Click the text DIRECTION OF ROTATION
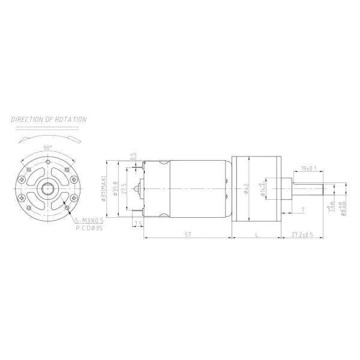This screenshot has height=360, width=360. pos(49,119)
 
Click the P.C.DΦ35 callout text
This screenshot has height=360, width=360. pos(89,229)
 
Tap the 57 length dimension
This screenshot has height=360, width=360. pos(188,235)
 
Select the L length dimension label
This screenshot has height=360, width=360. pos(257,235)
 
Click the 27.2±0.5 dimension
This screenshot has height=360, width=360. pos(302,235)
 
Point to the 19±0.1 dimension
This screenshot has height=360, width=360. pos(308,169)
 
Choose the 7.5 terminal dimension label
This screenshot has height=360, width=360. pos(138,224)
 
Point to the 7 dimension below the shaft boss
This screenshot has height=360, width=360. pos(302,209)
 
